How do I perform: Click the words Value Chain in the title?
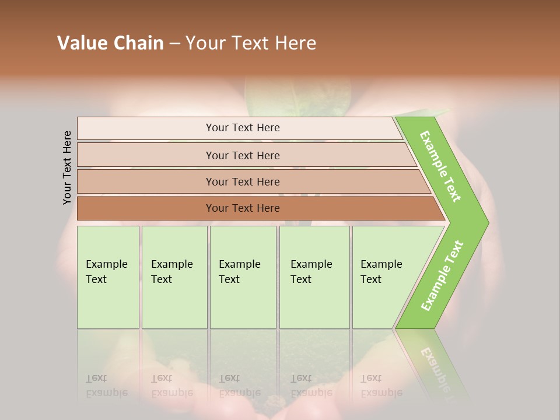110,43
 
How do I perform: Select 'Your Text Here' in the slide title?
251,43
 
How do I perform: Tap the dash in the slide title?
174,44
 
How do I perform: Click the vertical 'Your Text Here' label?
67,167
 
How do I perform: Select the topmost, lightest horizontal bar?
242,128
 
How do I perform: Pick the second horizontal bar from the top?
242,155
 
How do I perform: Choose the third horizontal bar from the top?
242,181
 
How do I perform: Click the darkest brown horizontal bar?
242,208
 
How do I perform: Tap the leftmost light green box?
108,277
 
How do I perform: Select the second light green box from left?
174,277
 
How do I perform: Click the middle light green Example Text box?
243,277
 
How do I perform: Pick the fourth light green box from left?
314,277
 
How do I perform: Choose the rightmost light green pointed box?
385,277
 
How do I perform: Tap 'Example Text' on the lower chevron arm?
442,275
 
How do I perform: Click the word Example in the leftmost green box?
107,264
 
